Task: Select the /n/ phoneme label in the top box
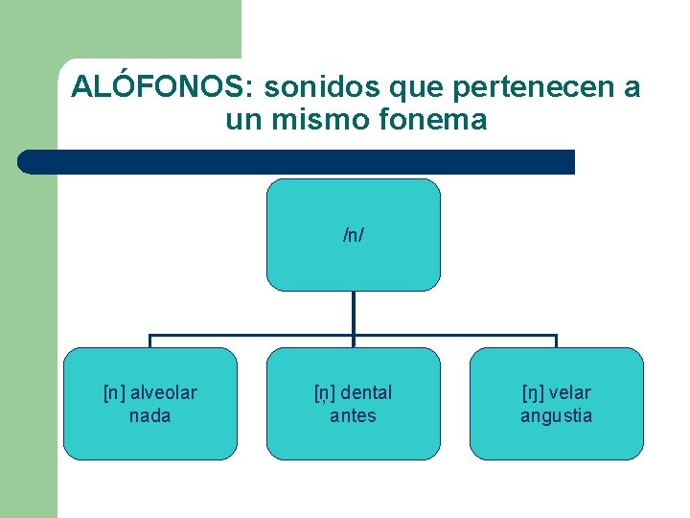[x=353, y=235]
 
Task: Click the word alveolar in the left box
[x=163, y=392]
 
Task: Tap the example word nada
[x=149, y=415]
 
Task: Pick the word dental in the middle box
[x=366, y=392]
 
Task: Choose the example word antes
[x=353, y=415]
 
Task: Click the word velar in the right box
[x=571, y=392]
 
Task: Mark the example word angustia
[x=556, y=415]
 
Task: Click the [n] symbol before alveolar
[x=114, y=392]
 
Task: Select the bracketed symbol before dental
[x=325, y=392]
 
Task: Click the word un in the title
[x=241, y=121]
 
